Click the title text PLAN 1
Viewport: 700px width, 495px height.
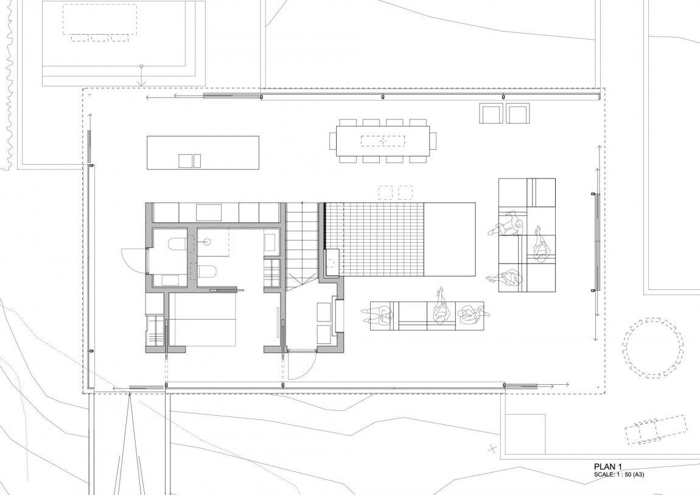[607, 466]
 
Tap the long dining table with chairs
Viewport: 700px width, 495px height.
[383, 141]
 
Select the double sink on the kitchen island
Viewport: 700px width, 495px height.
[190, 161]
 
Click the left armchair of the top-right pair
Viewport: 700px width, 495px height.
[491, 113]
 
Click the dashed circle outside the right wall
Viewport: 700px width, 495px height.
[654, 348]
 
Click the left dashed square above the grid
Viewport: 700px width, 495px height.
[386, 192]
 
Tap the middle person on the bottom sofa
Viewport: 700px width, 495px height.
[440, 308]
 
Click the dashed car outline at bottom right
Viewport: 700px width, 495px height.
[656, 429]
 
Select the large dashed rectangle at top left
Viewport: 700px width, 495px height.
[100, 19]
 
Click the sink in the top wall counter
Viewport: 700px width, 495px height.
[209, 212]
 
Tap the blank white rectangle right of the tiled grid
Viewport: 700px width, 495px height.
[449, 239]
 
